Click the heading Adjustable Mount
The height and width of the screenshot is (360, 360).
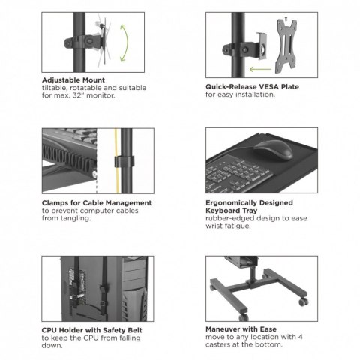click(73, 79)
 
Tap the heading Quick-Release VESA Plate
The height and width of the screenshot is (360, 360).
click(252, 86)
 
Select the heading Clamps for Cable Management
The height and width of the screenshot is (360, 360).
click(96, 202)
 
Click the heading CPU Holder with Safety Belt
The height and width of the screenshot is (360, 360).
click(91, 329)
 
